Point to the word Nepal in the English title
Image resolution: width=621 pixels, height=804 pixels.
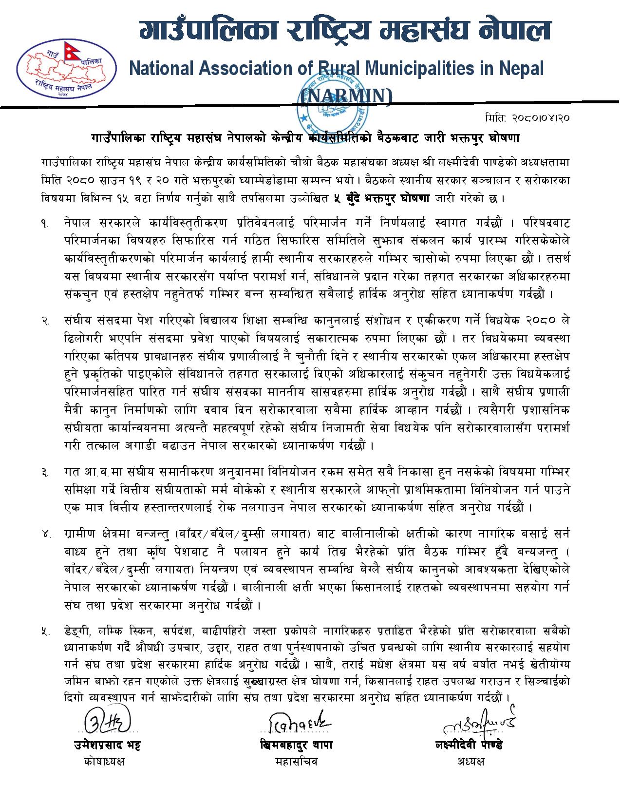click(521, 69)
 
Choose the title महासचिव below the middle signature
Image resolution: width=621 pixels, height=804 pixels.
click(296, 761)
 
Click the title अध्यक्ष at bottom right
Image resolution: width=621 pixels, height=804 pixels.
click(471, 761)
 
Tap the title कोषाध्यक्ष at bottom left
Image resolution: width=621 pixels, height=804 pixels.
click(104, 761)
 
